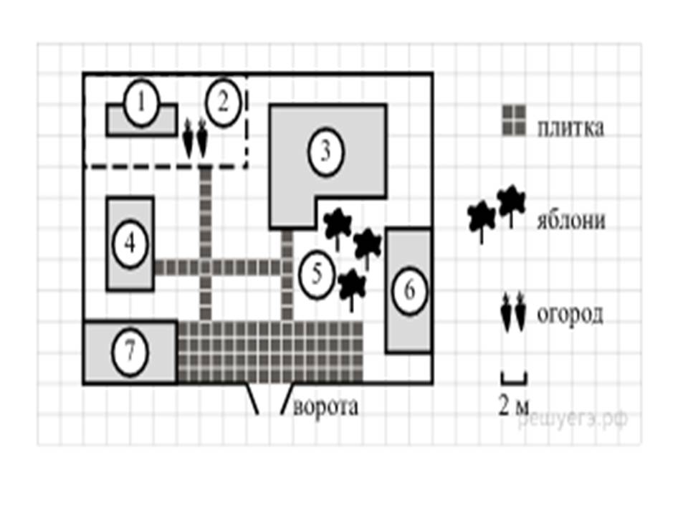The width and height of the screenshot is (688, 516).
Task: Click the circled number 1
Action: (141, 104)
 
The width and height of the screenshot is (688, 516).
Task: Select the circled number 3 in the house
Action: (325, 153)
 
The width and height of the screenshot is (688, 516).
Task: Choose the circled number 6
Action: (409, 290)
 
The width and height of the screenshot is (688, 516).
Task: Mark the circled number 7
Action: (130, 353)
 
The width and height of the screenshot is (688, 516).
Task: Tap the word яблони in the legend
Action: (570, 219)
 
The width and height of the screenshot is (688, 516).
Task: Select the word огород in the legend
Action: (570, 315)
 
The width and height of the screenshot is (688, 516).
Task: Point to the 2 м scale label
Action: (513, 406)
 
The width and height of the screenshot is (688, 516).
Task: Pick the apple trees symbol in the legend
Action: (494, 211)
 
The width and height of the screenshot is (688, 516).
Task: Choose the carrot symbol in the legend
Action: (513, 314)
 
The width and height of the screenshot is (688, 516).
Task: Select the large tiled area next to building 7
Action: (270, 352)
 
